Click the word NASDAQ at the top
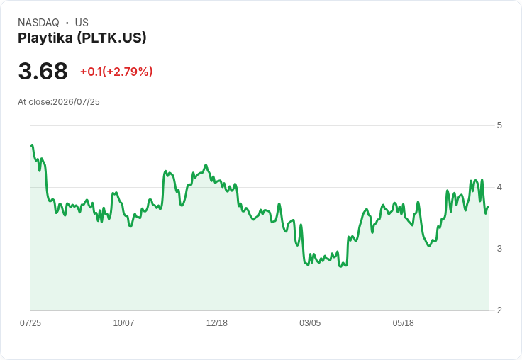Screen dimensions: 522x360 pos(38,23)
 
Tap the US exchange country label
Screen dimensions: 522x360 pos(82,23)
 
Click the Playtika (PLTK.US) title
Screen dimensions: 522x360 pos(82,38)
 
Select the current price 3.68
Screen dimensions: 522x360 pos(43,71)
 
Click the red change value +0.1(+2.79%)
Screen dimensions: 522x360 pos(116,72)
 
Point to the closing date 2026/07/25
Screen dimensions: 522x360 pos(76,102)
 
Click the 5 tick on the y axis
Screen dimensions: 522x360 pos(499,125)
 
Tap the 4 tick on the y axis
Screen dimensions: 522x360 pos(499,187)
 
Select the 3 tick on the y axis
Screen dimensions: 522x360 pos(499,249)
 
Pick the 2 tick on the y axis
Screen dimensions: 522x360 pos(499,310)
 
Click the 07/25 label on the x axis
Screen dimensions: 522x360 pos(30,322)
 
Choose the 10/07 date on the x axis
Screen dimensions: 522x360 pos(123,322)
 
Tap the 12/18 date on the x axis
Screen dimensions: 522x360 pos(217,322)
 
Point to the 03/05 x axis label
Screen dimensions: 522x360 pos(310,322)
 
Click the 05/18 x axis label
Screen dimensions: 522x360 pos(403,322)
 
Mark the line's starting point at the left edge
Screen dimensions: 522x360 pos(31,146)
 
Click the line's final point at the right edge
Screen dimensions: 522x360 pos(489,207)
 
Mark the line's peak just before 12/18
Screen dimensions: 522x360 pos(206,164)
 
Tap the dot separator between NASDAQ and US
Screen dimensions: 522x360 pos(67,23)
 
